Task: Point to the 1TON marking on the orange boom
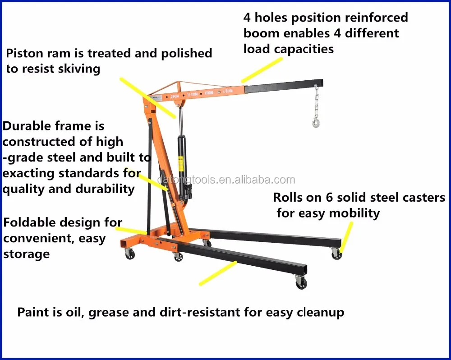pos(208,93)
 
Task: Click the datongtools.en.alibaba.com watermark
pos(225,180)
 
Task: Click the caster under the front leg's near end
pos(301,283)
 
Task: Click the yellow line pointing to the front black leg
pos(218,273)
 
